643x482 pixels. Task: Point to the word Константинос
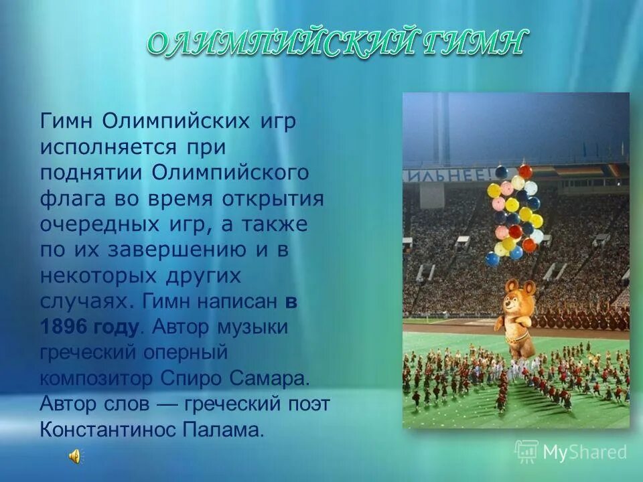[113, 428]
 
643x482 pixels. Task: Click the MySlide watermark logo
[571, 452]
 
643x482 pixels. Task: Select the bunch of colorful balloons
[514, 210]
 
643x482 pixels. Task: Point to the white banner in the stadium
[445, 175]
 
